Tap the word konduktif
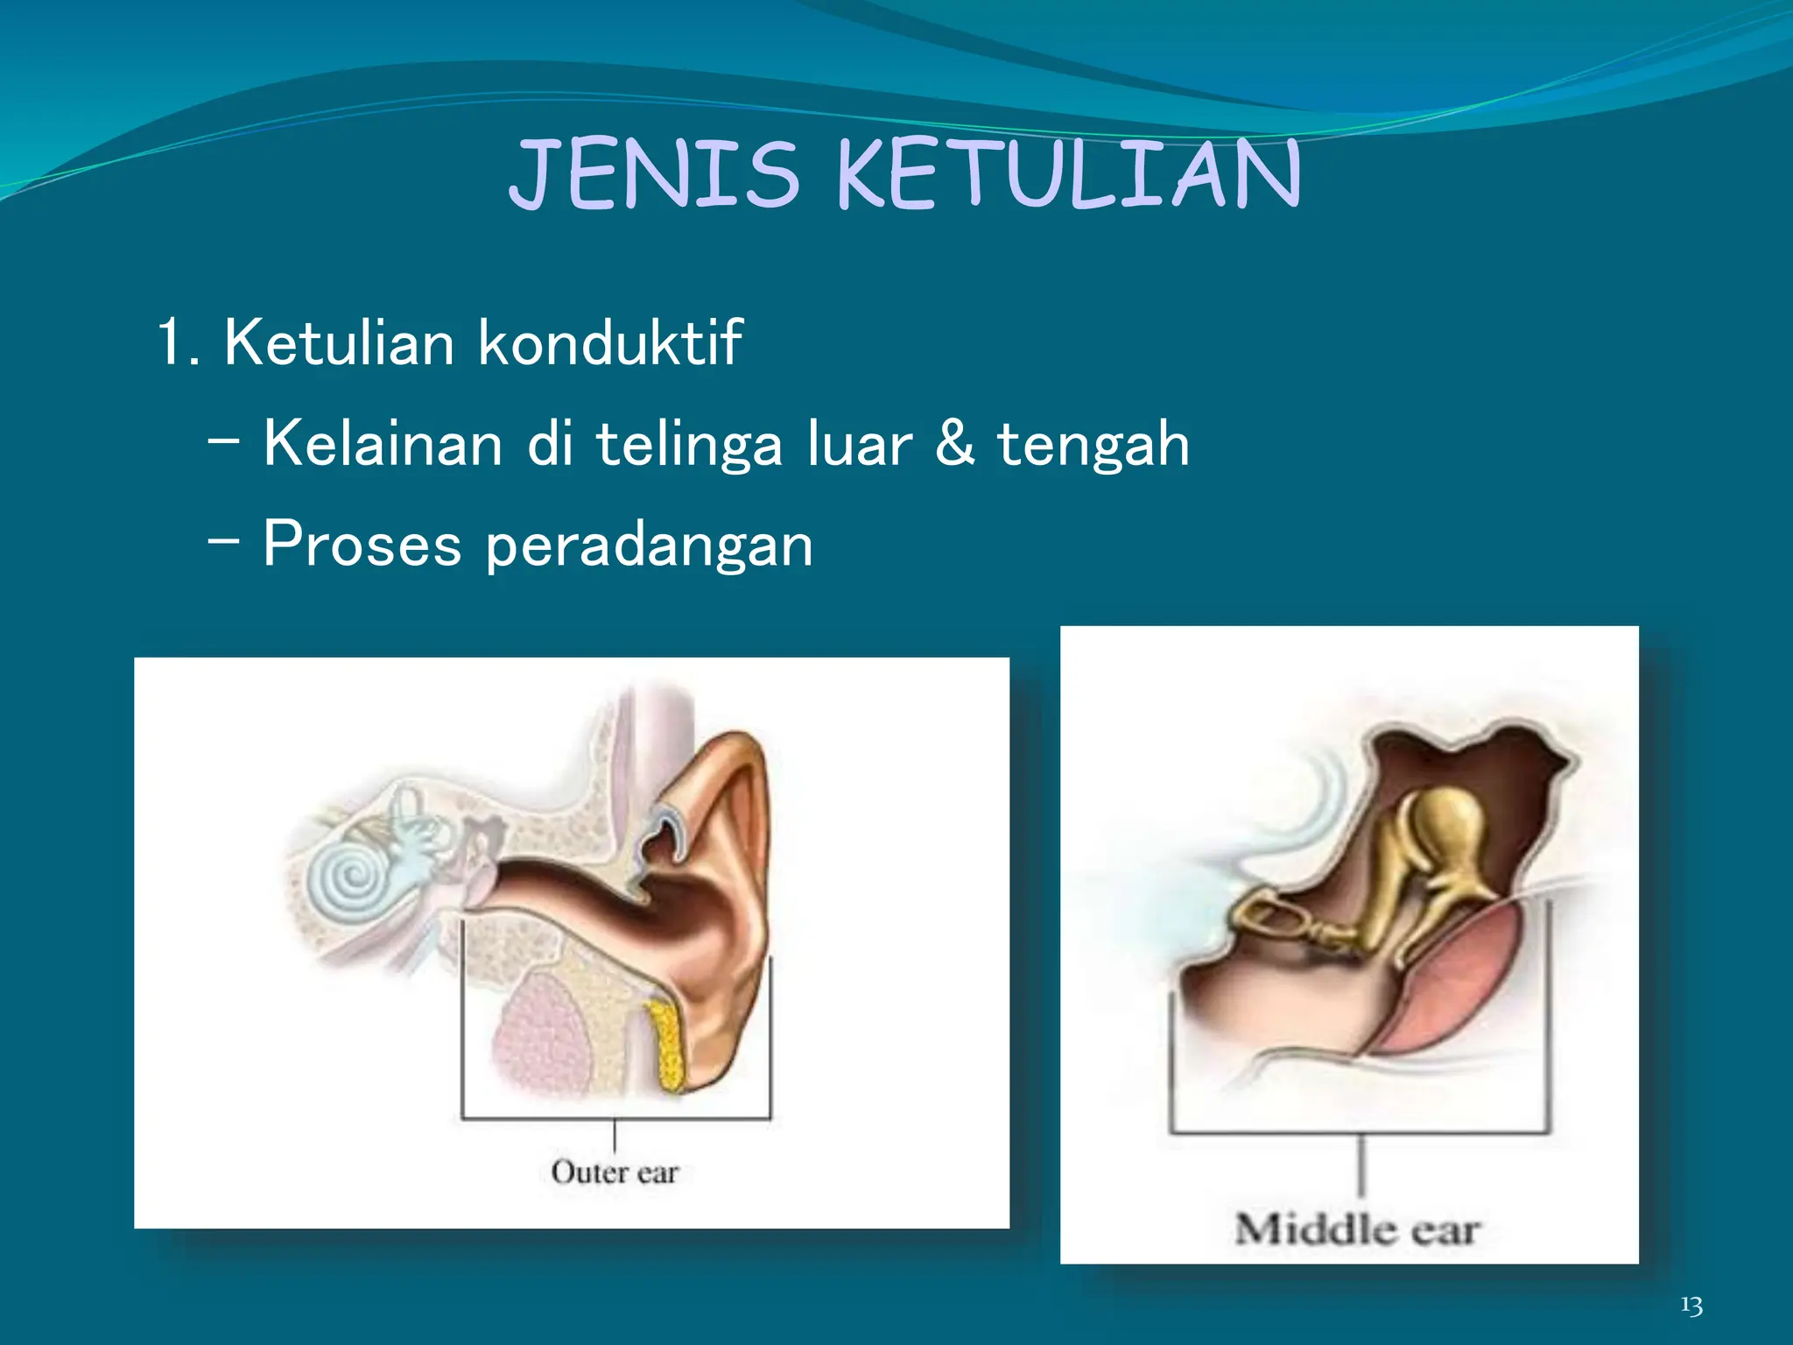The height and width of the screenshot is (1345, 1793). tap(610, 342)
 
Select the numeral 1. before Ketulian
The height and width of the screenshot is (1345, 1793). tap(178, 342)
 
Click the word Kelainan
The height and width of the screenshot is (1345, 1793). tap(383, 443)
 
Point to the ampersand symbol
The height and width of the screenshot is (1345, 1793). tap(953, 443)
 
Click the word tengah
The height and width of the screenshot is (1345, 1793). tap(1093, 445)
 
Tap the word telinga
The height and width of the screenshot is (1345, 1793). tap(688, 445)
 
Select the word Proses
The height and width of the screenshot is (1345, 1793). tap(362, 544)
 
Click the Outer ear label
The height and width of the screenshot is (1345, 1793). tap(615, 1172)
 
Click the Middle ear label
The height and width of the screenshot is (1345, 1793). tap(1357, 1229)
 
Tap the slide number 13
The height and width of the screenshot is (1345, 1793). tap(1691, 1306)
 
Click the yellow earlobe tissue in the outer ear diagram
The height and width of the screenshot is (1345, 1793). tap(668, 1047)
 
